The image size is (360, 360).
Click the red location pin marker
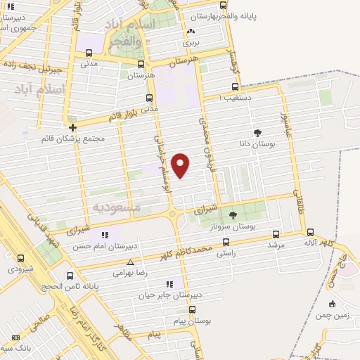tap(181, 165)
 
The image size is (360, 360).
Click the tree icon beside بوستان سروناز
tap(233, 215)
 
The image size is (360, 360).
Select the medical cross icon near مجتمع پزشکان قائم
tap(72, 127)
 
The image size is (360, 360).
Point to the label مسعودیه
tap(117, 207)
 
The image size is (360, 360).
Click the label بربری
tap(191, 42)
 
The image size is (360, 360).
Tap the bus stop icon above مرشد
tap(276, 234)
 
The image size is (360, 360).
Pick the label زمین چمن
tap(333, 316)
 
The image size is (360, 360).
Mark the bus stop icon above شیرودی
tap(20, 258)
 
